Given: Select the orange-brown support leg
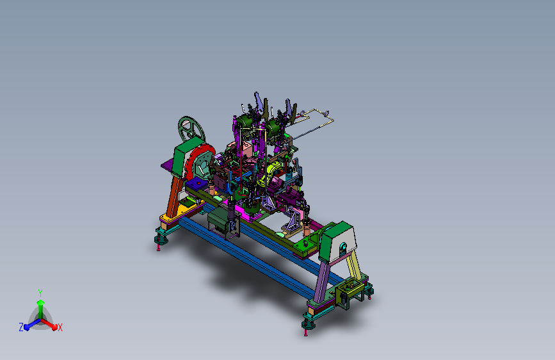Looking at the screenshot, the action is [x=173, y=196].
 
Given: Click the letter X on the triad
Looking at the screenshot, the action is [x=60, y=328].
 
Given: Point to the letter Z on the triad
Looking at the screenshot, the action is [x=21, y=327].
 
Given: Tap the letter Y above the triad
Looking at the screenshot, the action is [x=40, y=293].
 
